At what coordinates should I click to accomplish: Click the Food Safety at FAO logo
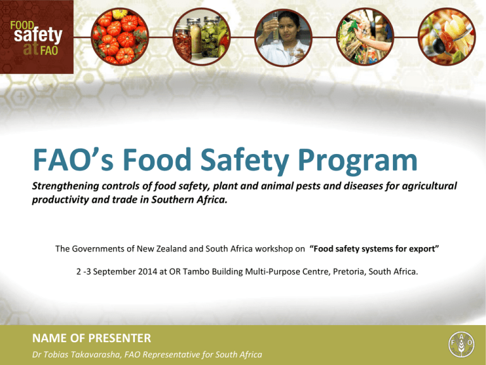37,37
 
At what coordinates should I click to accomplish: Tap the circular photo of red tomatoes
120,37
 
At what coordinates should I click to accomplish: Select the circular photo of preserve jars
201,37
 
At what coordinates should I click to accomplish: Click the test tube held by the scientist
275,27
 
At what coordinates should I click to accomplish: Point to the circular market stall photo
364,37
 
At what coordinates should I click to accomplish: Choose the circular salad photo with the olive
447,37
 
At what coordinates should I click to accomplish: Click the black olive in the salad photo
439,46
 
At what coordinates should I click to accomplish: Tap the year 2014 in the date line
147,272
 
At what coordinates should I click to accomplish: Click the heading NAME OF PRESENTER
91,338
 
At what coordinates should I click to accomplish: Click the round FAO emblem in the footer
461,344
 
